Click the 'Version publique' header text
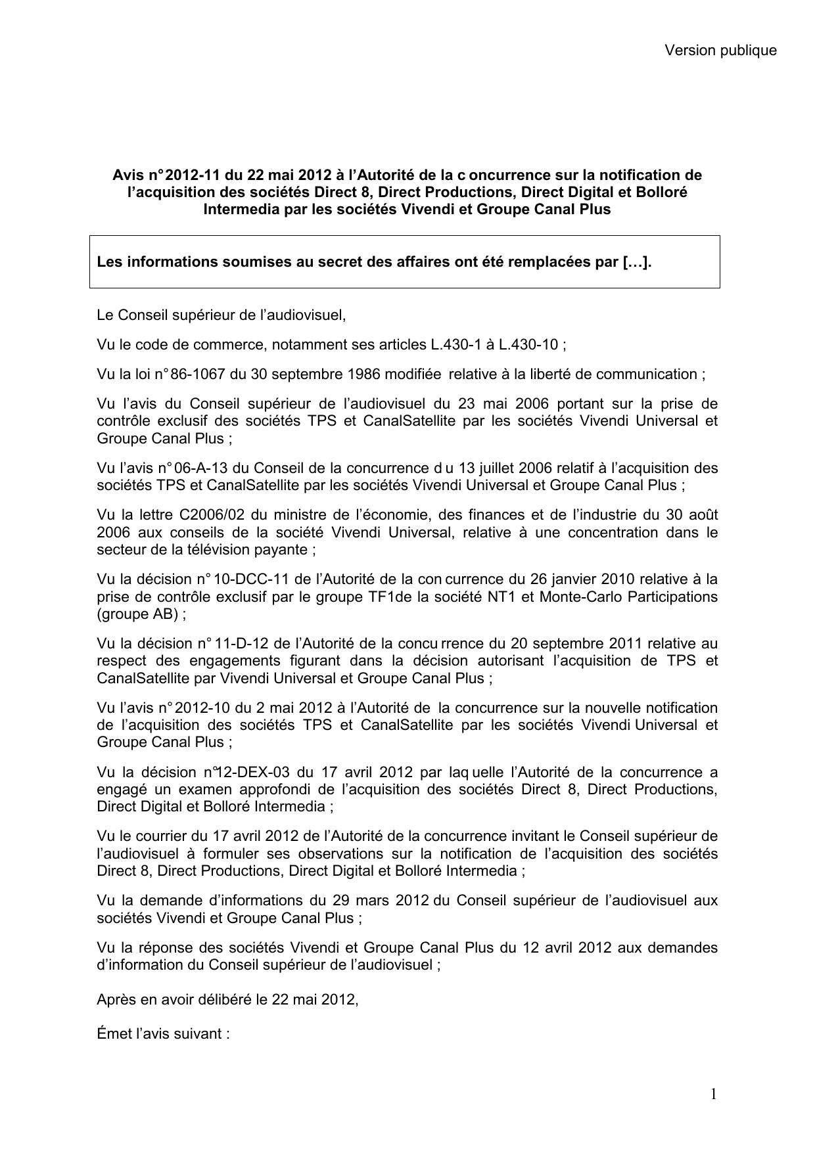click(720, 51)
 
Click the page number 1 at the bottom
click(713, 1094)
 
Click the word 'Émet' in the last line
click(113, 1034)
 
